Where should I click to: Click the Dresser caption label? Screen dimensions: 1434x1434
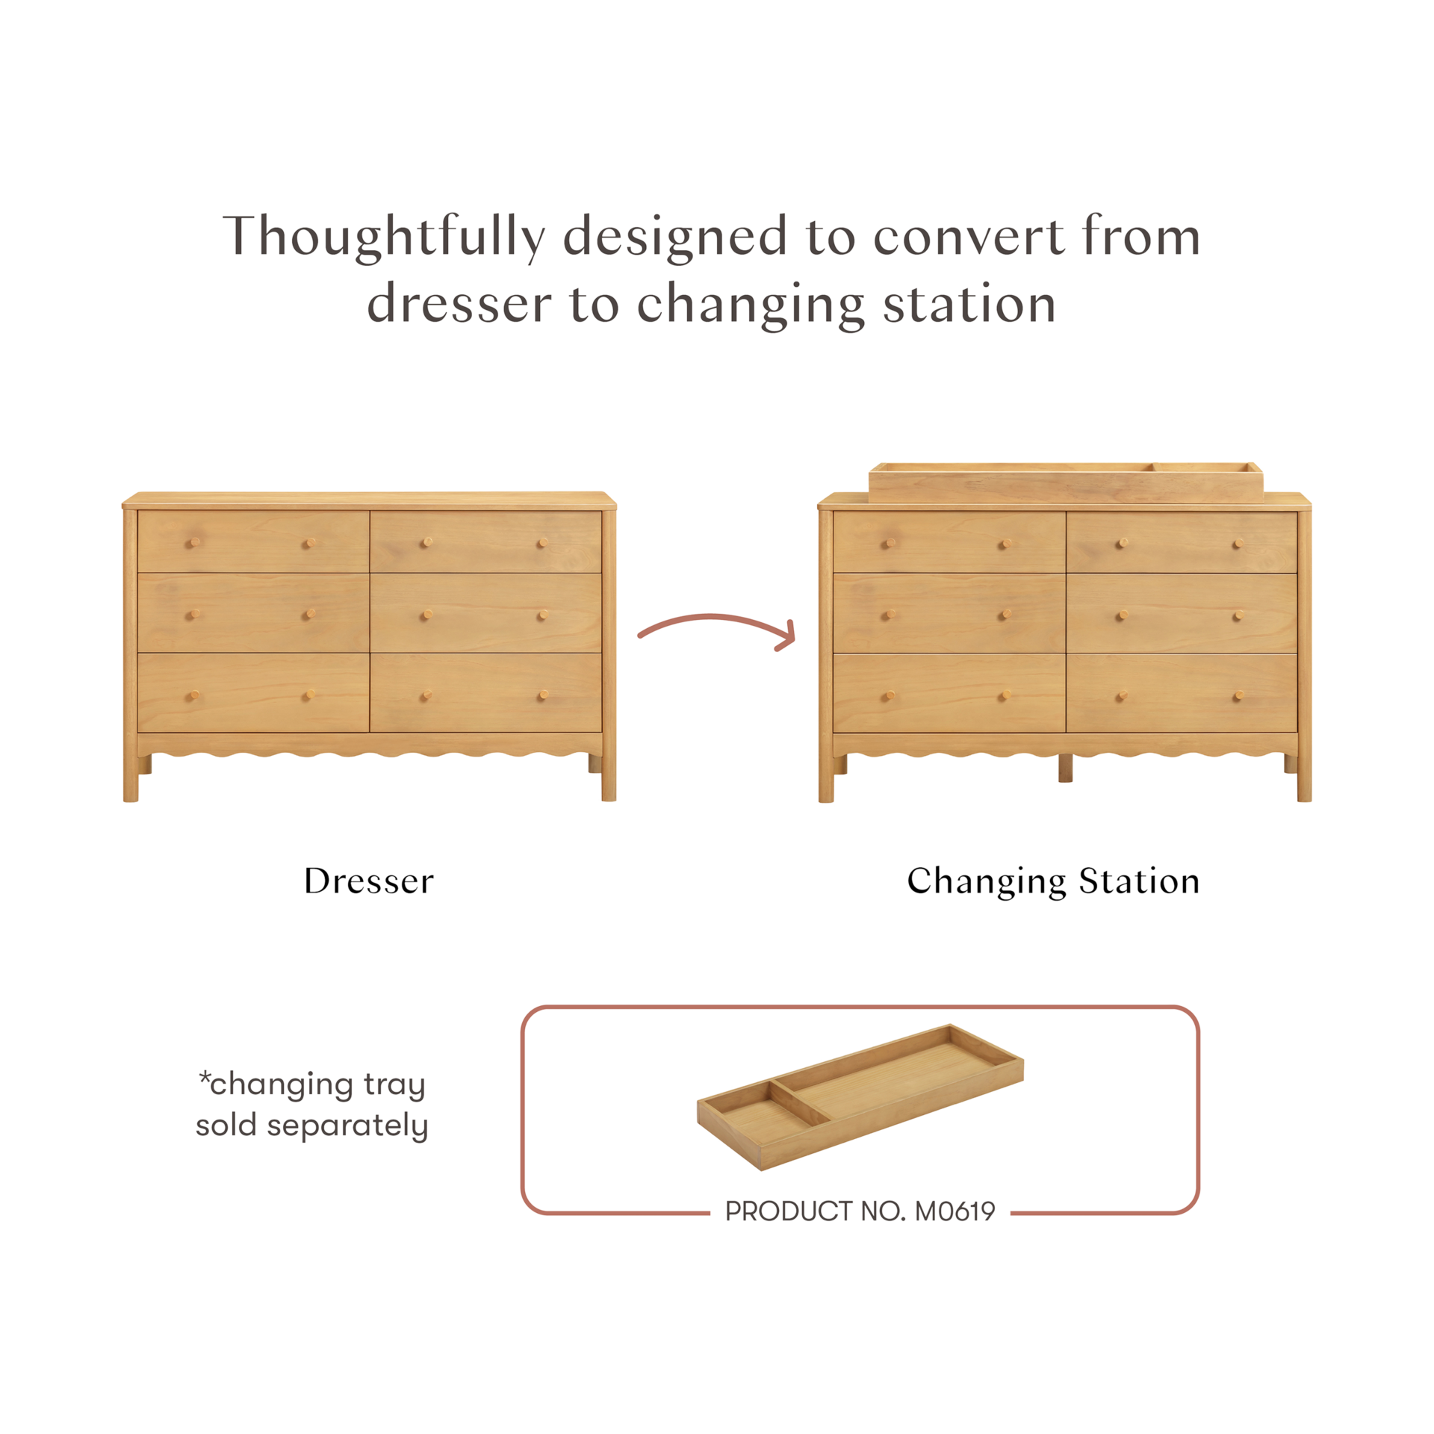369,882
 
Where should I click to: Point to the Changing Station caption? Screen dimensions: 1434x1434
1052,882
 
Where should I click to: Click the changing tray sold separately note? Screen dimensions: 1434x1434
312,1105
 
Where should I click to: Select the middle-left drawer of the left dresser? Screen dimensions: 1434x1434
253,614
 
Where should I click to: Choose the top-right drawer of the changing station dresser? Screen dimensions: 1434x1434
1182,543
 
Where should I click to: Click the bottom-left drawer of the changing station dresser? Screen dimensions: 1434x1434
949,695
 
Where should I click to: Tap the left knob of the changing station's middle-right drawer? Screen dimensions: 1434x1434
1120,615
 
